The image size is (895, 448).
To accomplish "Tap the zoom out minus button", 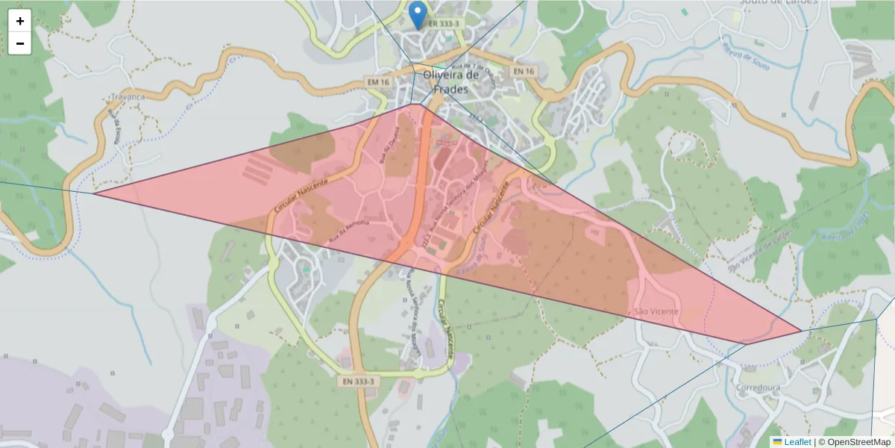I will point(20,43).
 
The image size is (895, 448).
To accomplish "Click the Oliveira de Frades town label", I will point(451,81).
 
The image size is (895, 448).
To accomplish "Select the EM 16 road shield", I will point(378,81).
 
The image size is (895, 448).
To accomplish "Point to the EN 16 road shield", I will point(524,71).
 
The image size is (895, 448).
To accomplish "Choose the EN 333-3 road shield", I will point(358,382).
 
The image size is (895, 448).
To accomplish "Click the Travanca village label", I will point(125,96).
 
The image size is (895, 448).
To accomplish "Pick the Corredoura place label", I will point(758,389).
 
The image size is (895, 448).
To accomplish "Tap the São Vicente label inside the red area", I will point(656,311).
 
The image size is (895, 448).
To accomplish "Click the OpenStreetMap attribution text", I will point(854,442).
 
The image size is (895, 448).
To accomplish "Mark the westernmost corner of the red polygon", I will point(94,193).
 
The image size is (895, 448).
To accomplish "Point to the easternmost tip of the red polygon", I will point(802,331).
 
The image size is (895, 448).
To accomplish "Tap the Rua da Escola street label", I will point(114,128).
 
